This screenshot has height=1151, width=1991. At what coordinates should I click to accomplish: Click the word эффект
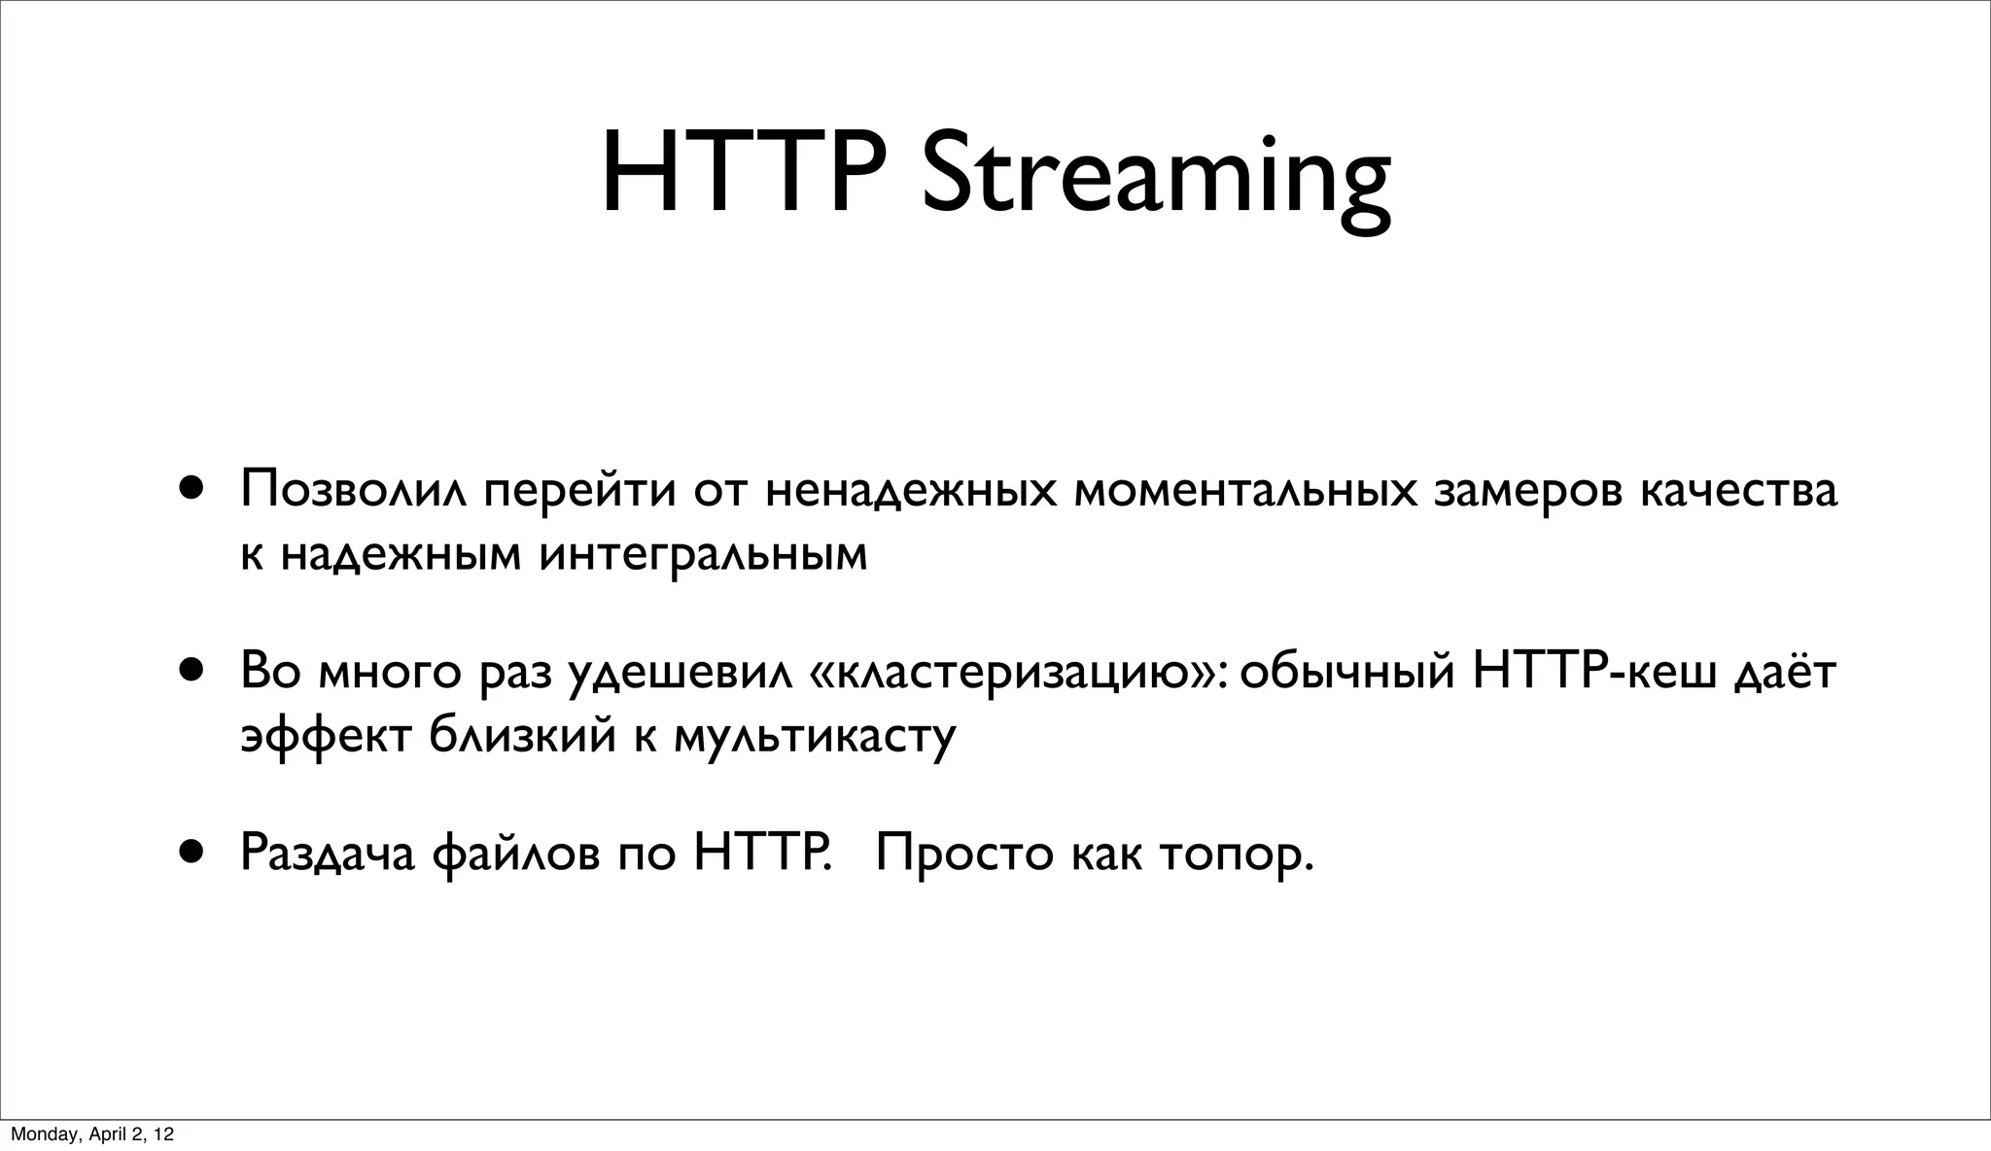pyautogui.click(x=325, y=737)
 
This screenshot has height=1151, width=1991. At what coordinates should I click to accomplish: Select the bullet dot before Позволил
pyautogui.click(x=192, y=486)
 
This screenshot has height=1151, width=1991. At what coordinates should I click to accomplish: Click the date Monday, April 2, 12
pyautogui.click(x=92, y=1134)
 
